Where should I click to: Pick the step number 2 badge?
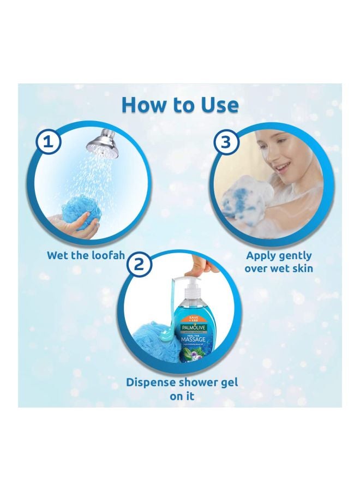[x=139, y=265]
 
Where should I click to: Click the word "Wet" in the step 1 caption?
[x=58, y=255]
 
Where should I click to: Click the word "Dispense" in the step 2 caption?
[x=153, y=382]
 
